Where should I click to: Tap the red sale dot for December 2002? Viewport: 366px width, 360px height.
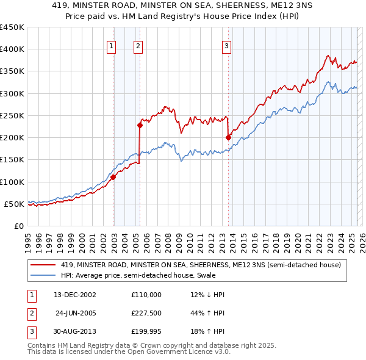[x=113, y=178]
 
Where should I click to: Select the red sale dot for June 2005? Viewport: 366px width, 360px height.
[x=140, y=126]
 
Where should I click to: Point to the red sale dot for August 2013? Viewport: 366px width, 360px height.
[x=228, y=137]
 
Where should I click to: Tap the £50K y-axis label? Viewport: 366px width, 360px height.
[x=14, y=204]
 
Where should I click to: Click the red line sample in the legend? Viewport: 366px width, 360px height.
[x=43, y=265]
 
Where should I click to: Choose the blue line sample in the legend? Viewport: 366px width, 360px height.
[x=43, y=275]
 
